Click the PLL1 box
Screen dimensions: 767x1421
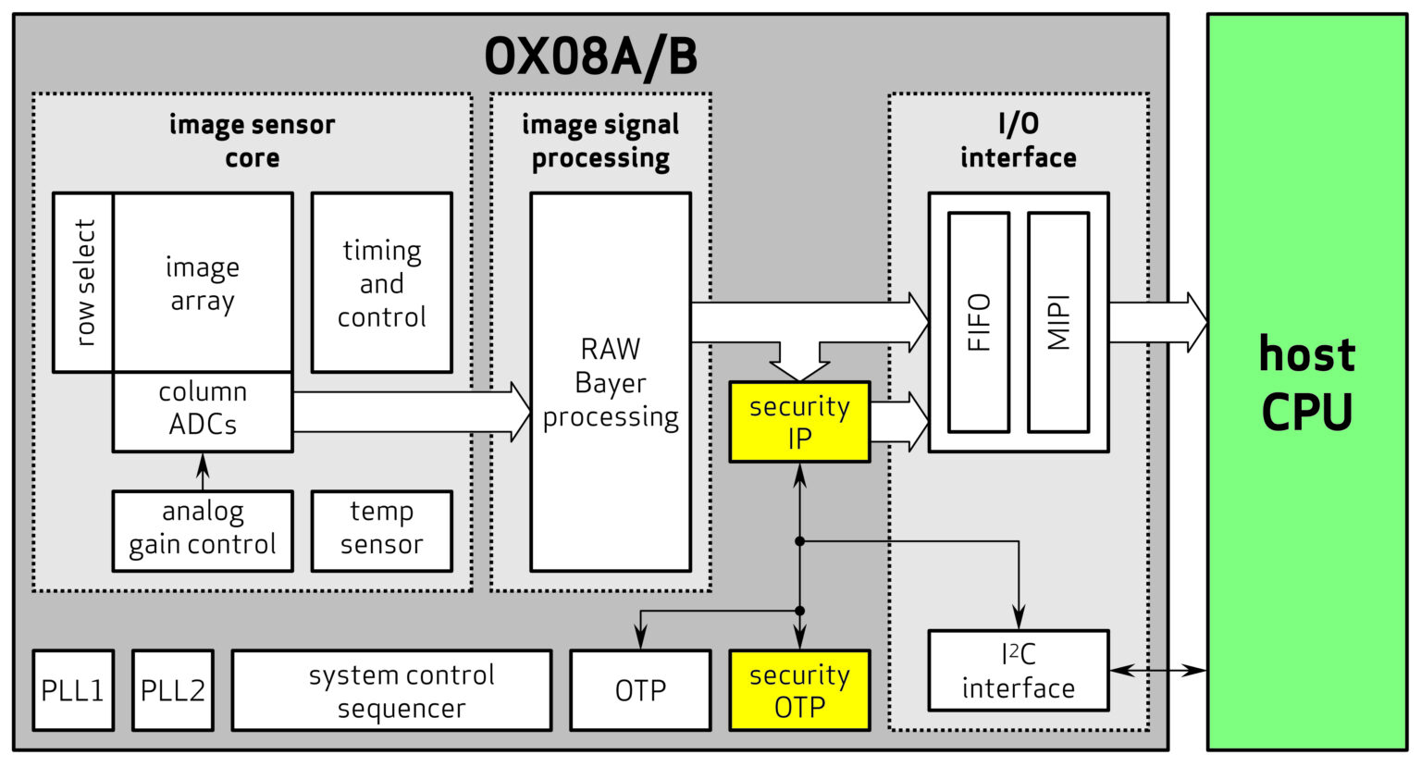point(73,690)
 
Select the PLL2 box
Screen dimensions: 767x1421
point(172,690)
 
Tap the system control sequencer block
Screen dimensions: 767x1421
point(391,690)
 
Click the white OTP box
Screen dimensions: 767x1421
point(640,690)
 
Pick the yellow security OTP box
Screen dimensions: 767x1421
point(799,690)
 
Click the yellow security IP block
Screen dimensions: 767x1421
point(799,422)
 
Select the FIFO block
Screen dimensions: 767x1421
point(979,322)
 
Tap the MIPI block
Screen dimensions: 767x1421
point(1058,322)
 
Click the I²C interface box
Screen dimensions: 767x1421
point(1018,671)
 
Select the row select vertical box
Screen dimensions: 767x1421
point(83,282)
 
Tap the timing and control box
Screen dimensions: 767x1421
point(381,282)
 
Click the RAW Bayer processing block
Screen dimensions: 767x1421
point(611,382)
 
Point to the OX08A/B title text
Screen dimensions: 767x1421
point(591,56)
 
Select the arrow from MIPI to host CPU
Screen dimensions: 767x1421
point(1156,322)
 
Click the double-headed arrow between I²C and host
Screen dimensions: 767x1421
point(1157,670)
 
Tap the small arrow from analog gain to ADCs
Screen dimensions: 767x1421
point(203,471)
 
